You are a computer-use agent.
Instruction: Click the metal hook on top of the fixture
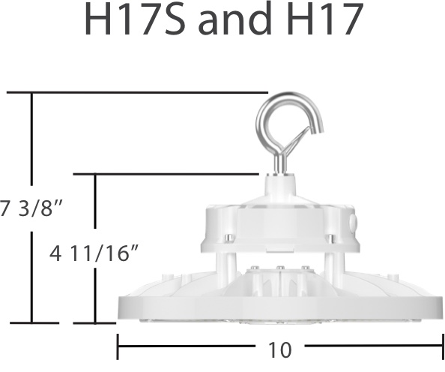[289, 119]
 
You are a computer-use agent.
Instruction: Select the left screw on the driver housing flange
[229, 239]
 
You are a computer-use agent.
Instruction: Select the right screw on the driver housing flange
[330, 239]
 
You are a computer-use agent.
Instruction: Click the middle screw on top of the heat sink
[279, 268]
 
